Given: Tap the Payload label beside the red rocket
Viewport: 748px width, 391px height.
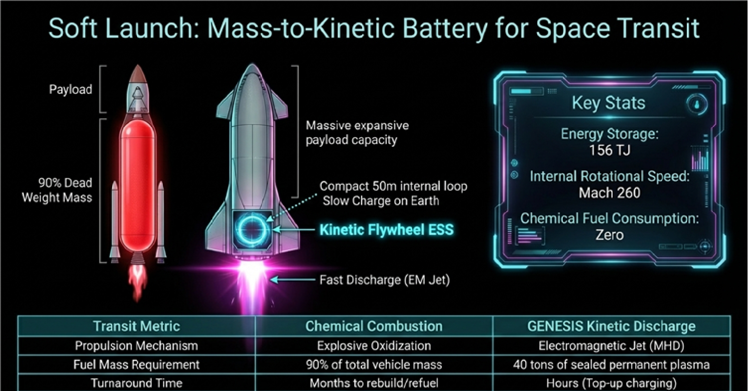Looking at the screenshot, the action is pos(71,89).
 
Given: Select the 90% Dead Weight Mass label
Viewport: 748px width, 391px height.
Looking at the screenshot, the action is pos(57,190).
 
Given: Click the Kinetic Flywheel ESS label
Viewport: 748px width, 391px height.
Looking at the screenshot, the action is pos(387,230).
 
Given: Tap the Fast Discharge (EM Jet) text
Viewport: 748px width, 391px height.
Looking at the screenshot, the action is pos(384,280).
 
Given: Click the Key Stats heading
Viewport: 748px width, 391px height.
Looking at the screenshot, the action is pos(608,103).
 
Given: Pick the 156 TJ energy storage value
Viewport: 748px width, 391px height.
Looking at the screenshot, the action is pos(609,150).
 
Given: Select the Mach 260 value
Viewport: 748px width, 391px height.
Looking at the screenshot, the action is pos(609,193).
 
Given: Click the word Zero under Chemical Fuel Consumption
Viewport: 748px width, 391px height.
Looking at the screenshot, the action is pos(609,235).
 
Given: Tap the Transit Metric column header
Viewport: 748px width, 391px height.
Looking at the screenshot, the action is pos(137,326).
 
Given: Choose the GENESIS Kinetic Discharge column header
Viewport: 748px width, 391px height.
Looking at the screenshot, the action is pos(611,326).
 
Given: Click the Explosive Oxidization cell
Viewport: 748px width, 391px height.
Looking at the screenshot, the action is pos(374,346).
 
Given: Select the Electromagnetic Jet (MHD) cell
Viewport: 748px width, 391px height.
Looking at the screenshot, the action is pos(611,346).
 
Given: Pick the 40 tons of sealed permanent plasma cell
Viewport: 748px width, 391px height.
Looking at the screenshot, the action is pos(611,365).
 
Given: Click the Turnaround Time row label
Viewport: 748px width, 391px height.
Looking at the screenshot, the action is pos(137,383).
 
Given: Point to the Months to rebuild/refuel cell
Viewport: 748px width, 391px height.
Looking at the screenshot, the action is pos(374,383).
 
